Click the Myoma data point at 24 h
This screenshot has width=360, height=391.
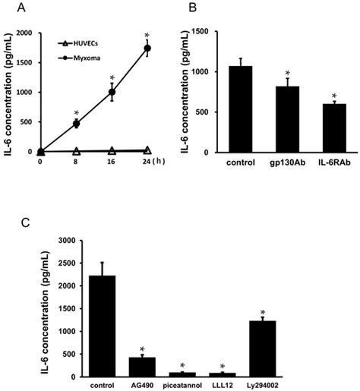coord(147,48)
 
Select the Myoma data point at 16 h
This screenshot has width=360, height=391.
coord(112,93)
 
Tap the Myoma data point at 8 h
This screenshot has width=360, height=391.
coord(76,123)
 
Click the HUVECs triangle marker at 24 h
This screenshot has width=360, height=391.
coord(147,150)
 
